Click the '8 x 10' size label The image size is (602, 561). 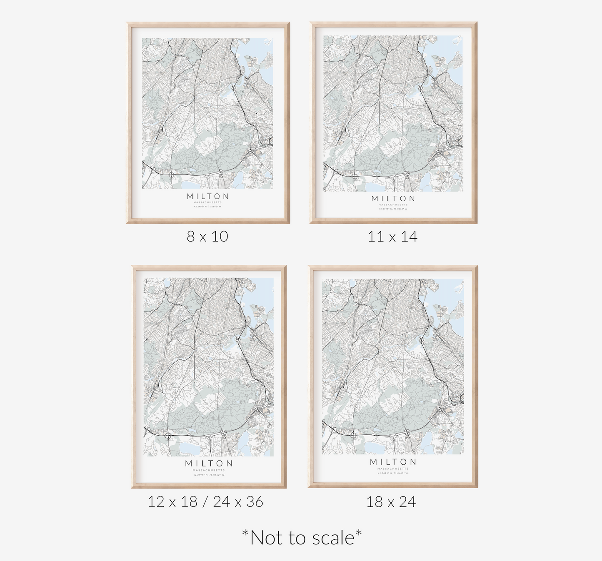click(207, 237)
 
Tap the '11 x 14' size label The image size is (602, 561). click(392, 237)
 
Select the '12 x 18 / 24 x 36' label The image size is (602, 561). click(205, 501)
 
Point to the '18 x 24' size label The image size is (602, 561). click(391, 502)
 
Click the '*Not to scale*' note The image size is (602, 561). click(302, 538)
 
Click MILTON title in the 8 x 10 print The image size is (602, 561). click(208, 196)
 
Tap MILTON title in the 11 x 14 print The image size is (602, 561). click(393, 199)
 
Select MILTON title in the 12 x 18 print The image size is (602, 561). click(209, 464)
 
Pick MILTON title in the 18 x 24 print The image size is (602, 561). click(393, 462)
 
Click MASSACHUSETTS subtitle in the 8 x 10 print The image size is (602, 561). click(208, 202)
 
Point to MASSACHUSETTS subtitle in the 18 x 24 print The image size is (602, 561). click(393, 469)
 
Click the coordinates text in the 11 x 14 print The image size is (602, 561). click(393, 209)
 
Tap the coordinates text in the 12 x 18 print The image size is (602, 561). click(209, 474)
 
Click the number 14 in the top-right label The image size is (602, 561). click(409, 237)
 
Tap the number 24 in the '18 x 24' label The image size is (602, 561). click(407, 502)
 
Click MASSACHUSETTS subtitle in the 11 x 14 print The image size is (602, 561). click(393, 204)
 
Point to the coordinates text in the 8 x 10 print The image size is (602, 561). click(208, 206)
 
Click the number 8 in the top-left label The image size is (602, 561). click(191, 237)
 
